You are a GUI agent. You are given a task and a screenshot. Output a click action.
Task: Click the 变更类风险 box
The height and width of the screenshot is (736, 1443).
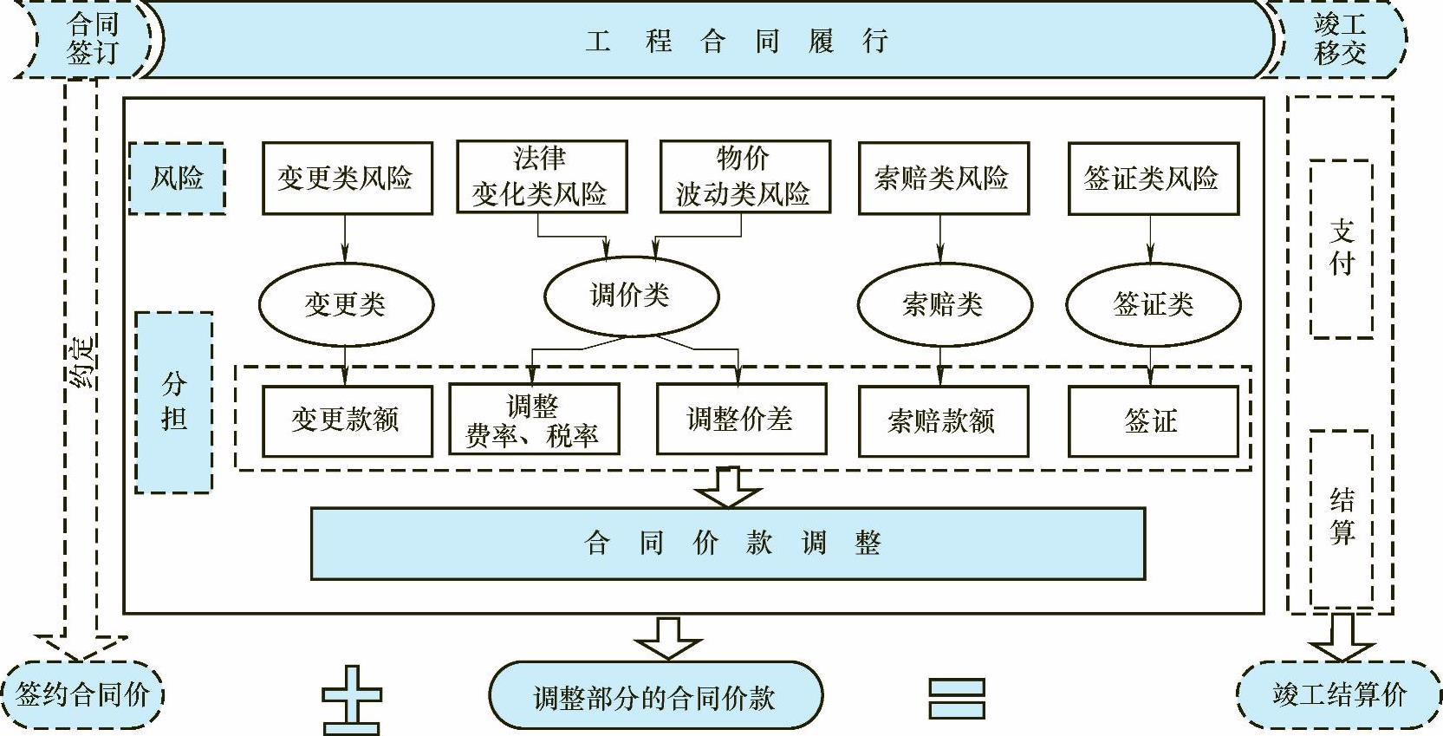click(x=347, y=179)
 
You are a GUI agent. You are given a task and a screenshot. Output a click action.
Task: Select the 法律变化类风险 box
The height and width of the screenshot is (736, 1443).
click(x=542, y=177)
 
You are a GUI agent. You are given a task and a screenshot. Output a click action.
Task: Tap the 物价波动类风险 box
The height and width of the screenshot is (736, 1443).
click(x=744, y=177)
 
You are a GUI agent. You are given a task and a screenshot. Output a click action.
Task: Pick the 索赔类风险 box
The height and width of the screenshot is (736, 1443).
click(x=943, y=179)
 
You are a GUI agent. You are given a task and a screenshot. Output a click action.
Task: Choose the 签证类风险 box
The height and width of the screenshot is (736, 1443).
click(x=1153, y=179)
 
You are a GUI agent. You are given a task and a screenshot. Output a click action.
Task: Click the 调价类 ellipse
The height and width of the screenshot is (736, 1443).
click(x=631, y=296)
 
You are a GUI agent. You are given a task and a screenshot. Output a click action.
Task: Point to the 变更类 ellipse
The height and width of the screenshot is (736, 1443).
click(x=346, y=304)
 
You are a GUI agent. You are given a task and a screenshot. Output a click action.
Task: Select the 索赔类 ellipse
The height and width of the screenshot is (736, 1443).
click(x=944, y=304)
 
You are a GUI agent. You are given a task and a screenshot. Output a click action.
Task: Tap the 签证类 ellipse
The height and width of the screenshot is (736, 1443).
click(x=1153, y=304)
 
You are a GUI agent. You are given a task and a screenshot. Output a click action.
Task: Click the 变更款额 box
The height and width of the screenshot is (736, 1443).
click(x=347, y=420)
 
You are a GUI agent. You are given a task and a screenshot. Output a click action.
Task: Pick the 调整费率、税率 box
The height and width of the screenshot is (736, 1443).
click(x=534, y=420)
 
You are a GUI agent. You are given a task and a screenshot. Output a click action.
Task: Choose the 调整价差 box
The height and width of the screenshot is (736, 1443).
click(x=741, y=420)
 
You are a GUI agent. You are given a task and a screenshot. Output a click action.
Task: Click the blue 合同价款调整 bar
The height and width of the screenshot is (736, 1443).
click(x=728, y=544)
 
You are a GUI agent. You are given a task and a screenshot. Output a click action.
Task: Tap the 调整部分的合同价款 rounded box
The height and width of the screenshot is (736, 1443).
click(x=655, y=696)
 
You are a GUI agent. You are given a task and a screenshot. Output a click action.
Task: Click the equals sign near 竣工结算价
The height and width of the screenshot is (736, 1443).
click(x=956, y=699)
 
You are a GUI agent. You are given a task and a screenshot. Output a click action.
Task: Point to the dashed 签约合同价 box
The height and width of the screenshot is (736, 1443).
click(x=83, y=695)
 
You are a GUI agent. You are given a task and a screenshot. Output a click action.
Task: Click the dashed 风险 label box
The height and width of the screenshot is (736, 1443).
click(x=178, y=179)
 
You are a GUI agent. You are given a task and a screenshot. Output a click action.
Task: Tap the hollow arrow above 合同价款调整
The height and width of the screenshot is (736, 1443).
click(x=729, y=487)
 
